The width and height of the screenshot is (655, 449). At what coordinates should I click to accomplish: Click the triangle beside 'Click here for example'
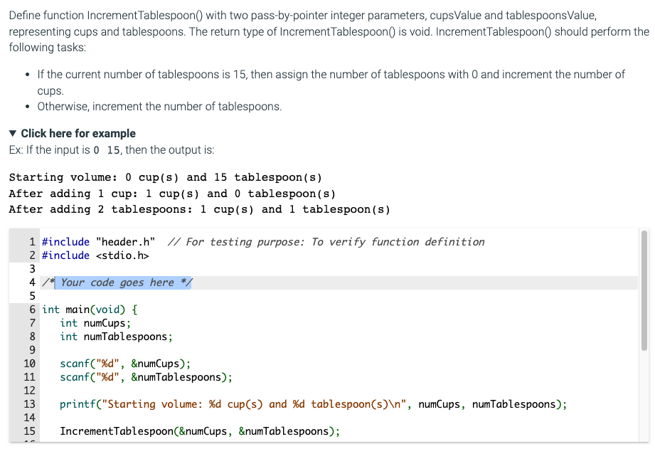click(13, 134)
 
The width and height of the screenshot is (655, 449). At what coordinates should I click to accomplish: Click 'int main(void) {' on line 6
click(90, 310)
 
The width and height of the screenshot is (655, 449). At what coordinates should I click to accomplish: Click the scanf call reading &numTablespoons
click(146, 377)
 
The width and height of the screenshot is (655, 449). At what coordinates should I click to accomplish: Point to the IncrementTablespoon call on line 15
click(199, 431)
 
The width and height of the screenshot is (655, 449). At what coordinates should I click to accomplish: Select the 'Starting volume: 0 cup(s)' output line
click(165, 177)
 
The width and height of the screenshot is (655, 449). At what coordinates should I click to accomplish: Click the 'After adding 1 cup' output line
click(171, 194)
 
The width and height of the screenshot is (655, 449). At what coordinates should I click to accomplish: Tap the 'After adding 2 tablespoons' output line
click(199, 209)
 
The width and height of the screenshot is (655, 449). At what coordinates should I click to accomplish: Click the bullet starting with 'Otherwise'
click(159, 107)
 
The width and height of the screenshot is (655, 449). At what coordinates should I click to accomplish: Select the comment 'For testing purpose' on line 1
click(334, 242)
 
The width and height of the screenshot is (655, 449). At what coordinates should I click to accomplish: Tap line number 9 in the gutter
click(32, 350)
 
